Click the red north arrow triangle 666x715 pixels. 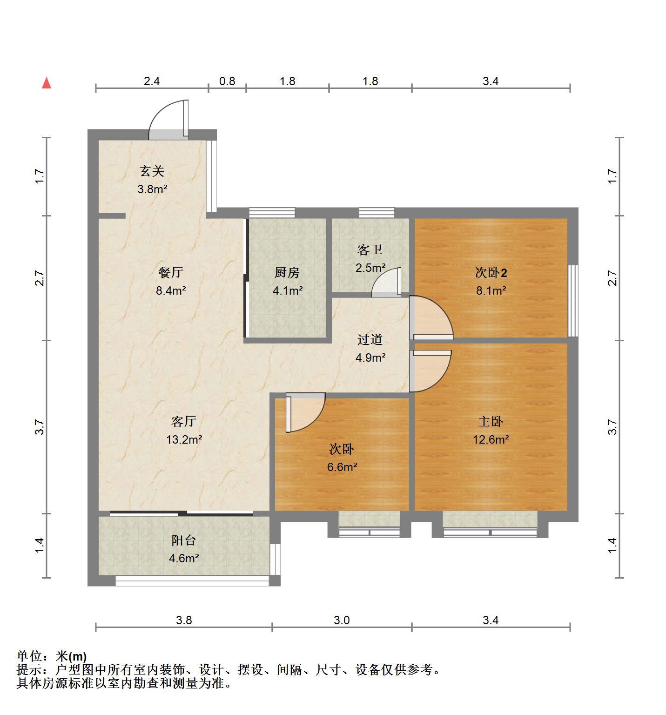[47, 83]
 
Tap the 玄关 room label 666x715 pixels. [153, 171]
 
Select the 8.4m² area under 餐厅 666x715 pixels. [171, 291]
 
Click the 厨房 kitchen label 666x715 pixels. [287, 273]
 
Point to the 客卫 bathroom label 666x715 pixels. [370, 250]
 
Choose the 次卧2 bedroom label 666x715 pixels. [491, 273]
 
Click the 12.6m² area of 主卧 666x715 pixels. [491, 439]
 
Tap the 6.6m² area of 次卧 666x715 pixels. [342, 467]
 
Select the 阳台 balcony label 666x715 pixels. [184, 540]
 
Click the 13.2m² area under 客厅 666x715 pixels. [184, 439]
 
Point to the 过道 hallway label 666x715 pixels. [370, 340]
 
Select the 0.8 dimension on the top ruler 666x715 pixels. [227, 81]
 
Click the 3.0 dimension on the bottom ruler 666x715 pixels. [342, 620]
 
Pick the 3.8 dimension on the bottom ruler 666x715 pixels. [184, 620]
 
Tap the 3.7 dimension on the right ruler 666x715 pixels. [612, 427]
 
